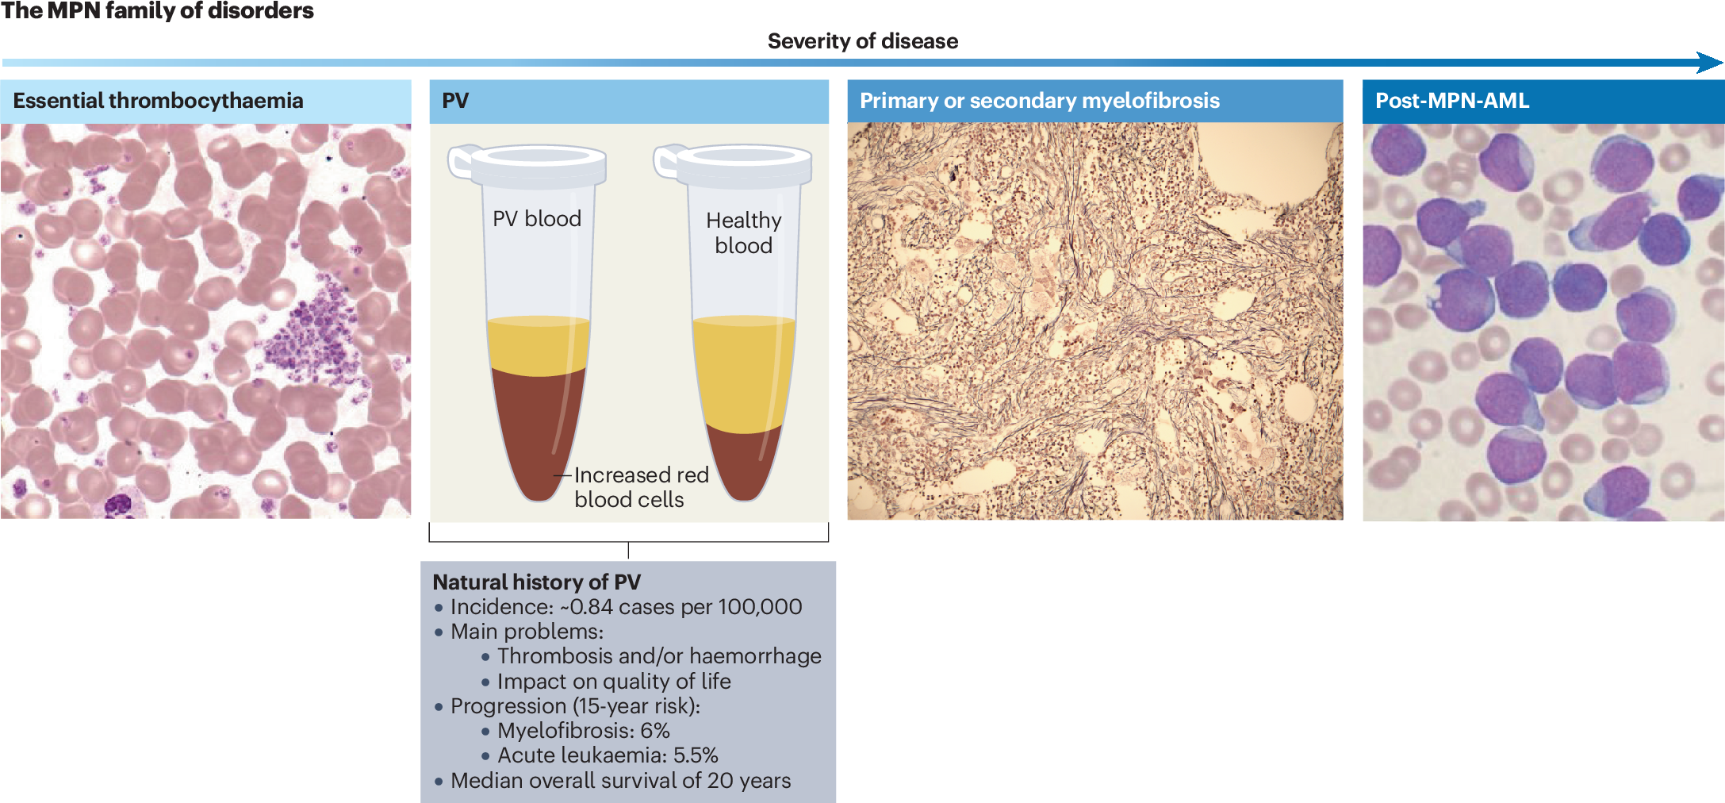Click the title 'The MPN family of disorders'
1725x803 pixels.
158,11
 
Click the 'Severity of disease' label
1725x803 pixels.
863,41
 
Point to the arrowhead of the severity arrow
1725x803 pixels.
1711,63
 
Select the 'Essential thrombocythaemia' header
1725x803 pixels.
159,101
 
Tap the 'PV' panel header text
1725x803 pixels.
455,101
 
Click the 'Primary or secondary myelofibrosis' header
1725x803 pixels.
1040,101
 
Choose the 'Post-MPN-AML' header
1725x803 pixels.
1452,101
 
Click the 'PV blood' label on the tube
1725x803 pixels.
537,219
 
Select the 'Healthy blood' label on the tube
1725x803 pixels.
744,232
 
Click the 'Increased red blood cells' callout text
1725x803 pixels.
642,487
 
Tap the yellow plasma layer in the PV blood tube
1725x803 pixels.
539,346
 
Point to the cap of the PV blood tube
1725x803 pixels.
528,164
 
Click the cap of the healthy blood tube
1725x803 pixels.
734,164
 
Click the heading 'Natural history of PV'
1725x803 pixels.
537,582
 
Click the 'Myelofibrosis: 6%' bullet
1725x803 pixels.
584,731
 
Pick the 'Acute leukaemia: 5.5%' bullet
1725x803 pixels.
608,755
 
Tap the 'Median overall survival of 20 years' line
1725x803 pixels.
620,781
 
